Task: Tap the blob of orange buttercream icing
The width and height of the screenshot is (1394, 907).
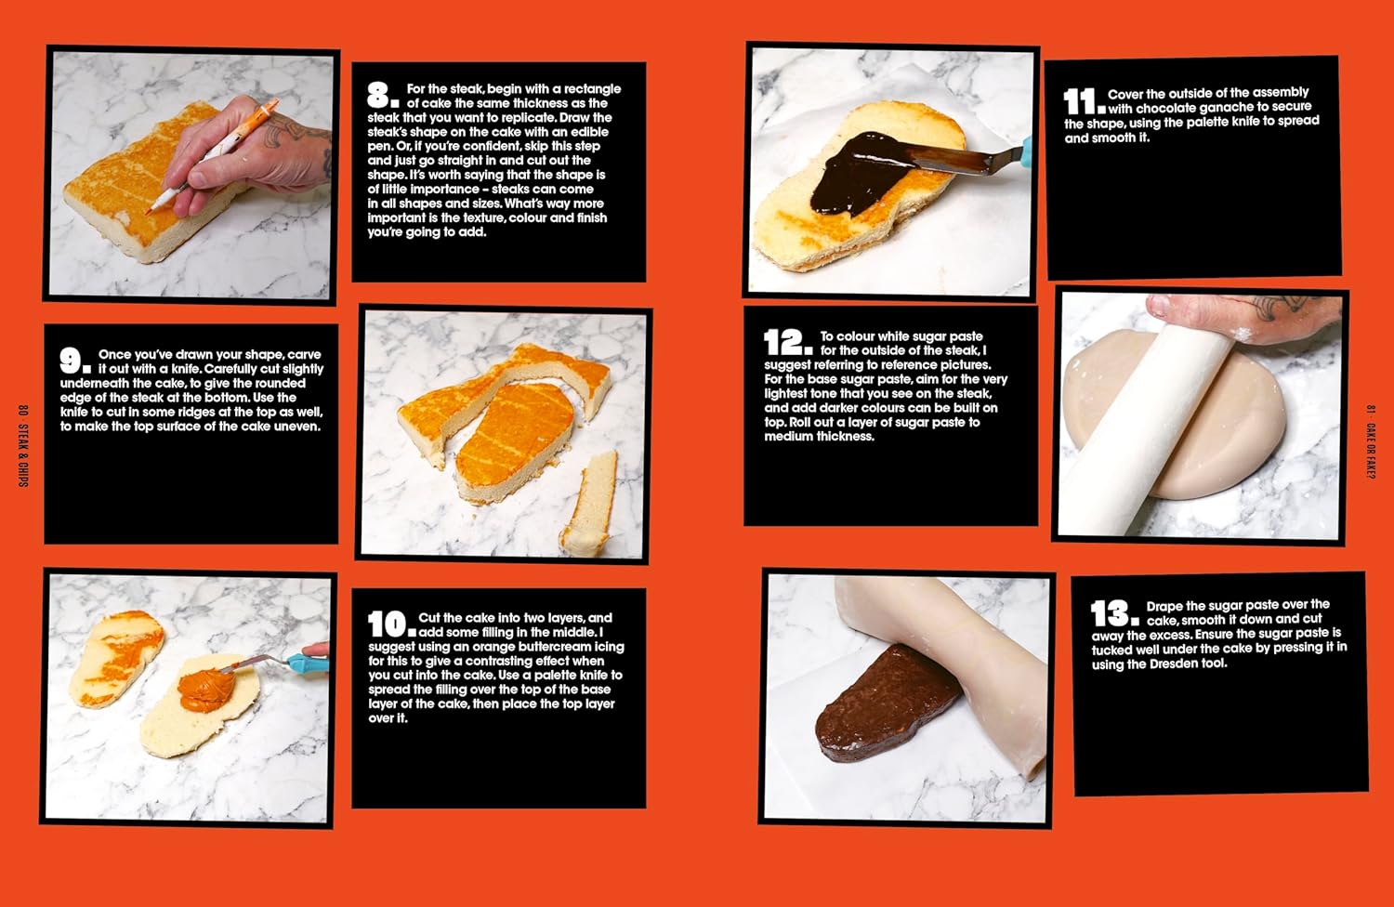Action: [x=206, y=690]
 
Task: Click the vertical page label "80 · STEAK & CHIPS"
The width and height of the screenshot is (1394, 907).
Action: [x=23, y=445]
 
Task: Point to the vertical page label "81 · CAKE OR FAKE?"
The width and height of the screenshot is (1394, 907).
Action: [x=1371, y=442]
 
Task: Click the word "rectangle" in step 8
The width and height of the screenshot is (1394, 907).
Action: [x=593, y=89]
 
